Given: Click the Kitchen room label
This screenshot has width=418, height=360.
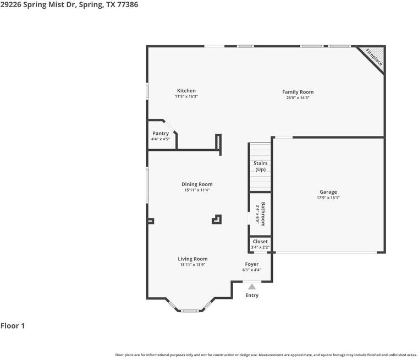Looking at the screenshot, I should (x=186, y=91).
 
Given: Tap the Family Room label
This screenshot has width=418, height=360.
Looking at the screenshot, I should (x=298, y=92).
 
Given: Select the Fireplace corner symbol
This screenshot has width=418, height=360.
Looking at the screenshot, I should (x=374, y=57).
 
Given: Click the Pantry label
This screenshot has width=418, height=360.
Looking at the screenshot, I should (x=161, y=133).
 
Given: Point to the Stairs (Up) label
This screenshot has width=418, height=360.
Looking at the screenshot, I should (x=260, y=166).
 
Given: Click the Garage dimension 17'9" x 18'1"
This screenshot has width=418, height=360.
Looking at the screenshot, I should (x=328, y=198).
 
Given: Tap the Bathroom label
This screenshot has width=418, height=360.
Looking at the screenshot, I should (x=263, y=214).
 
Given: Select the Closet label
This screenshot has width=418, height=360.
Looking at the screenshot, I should (x=260, y=242).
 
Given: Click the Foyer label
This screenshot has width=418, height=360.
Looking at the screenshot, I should (x=252, y=264).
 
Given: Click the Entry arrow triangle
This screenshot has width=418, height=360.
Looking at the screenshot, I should (x=252, y=286).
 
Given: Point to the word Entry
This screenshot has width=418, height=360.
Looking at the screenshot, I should (x=252, y=296).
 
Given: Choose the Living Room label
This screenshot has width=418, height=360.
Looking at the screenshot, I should (x=193, y=259).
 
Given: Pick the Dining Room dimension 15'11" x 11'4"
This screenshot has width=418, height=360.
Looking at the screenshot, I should (x=197, y=190).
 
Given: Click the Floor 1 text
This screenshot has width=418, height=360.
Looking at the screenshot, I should (x=13, y=326).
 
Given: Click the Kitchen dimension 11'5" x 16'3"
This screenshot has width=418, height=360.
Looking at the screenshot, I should (x=186, y=96).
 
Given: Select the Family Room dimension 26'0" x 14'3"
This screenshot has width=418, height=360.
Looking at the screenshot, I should (x=298, y=98).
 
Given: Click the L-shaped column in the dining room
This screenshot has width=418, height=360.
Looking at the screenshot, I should (x=217, y=220).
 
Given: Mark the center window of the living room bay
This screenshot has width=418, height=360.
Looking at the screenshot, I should (x=190, y=311).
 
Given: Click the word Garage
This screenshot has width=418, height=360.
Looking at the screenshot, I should (x=328, y=192).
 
